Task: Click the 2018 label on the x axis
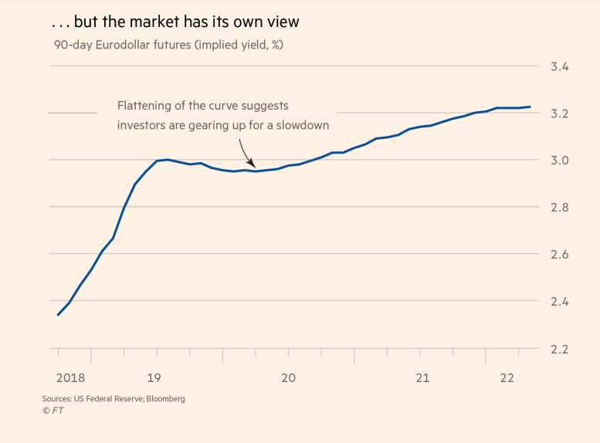[x=70, y=378]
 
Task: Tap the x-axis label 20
[x=288, y=378]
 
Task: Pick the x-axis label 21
[x=422, y=378]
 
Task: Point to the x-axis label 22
[x=507, y=378]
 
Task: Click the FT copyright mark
[x=53, y=411]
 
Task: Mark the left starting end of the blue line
[x=58, y=315]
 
